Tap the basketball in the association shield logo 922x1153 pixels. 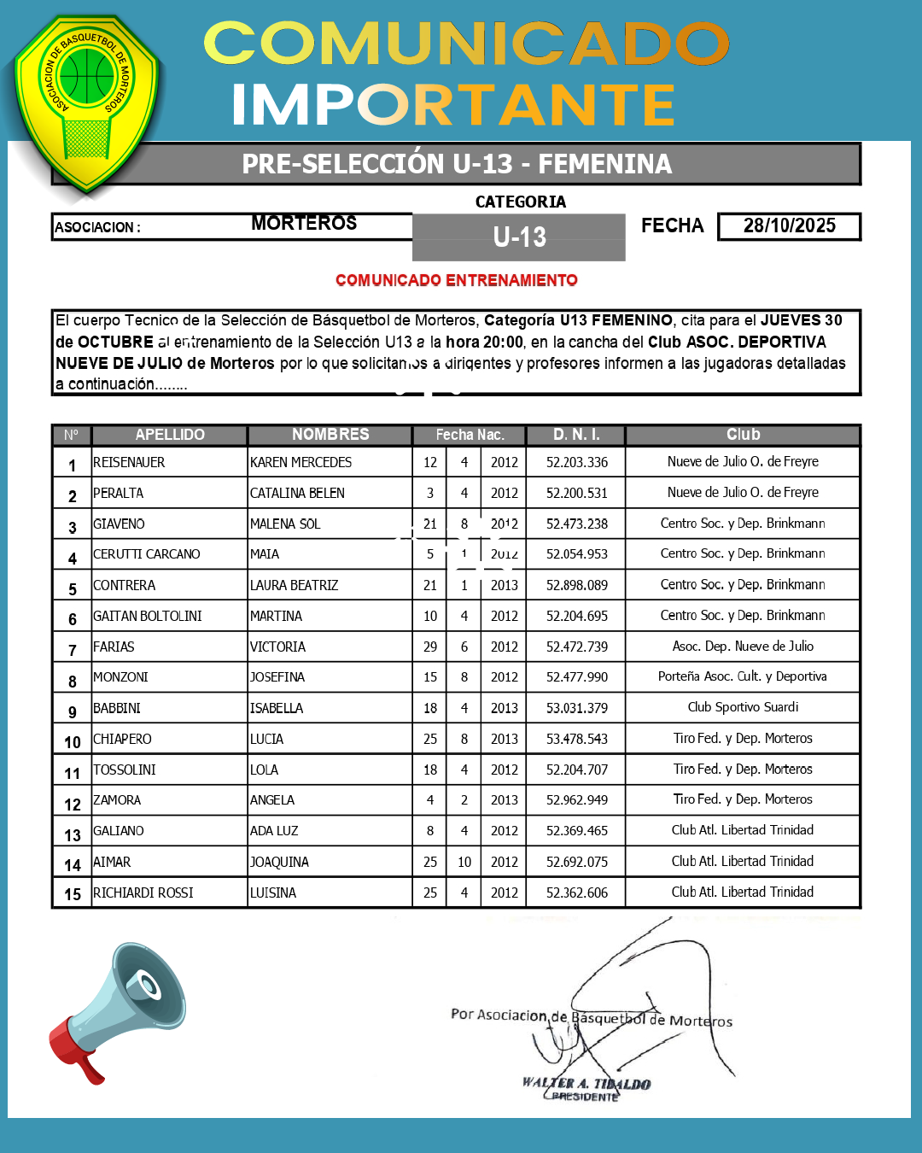[x=87, y=75]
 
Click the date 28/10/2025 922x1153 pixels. [x=789, y=226]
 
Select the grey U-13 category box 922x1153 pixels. [x=519, y=237]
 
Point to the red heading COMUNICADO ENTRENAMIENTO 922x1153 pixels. [x=457, y=280]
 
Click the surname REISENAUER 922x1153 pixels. [x=129, y=463]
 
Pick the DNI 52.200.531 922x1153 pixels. [x=577, y=494]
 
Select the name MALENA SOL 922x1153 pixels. [x=285, y=524]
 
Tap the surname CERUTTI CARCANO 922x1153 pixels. [x=147, y=554]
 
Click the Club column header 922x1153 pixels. [x=743, y=435]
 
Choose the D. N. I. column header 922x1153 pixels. [x=576, y=435]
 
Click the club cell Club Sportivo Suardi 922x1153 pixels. [x=743, y=707]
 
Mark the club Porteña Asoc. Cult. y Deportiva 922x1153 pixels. [x=742, y=676]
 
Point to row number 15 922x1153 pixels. [x=73, y=894]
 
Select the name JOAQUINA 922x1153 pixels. [x=279, y=863]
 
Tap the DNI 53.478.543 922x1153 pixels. [x=577, y=739]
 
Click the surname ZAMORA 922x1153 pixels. [x=117, y=800]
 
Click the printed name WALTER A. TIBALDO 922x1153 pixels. [x=586, y=1084]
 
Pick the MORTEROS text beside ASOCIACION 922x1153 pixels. [x=304, y=224]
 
